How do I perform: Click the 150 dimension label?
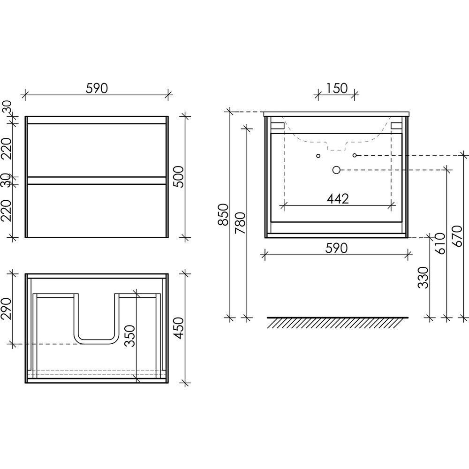point(336,88)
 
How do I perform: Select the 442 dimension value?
point(337,198)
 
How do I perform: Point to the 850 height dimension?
point(223,214)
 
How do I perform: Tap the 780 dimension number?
point(240,223)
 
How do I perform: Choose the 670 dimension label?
point(457,236)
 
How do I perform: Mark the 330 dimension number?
point(423,278)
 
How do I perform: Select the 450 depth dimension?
point(179,328)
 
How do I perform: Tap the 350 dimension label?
point(130,336)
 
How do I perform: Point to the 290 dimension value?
point(6,309)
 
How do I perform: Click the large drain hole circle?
point(336,170)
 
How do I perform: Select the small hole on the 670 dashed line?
point(355,155)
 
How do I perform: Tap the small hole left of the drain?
point(318,156)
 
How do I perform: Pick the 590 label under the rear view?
point(336,248)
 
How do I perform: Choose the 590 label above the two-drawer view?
point(97,88)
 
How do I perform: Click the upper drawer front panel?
point(96,150)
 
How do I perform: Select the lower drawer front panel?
point(96,211)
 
